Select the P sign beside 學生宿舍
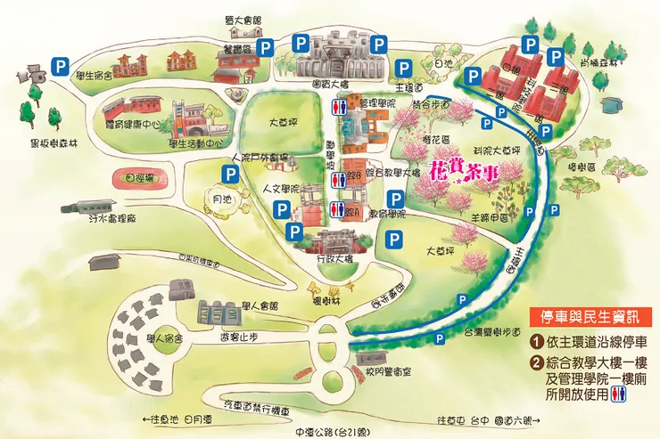coord(61,64)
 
